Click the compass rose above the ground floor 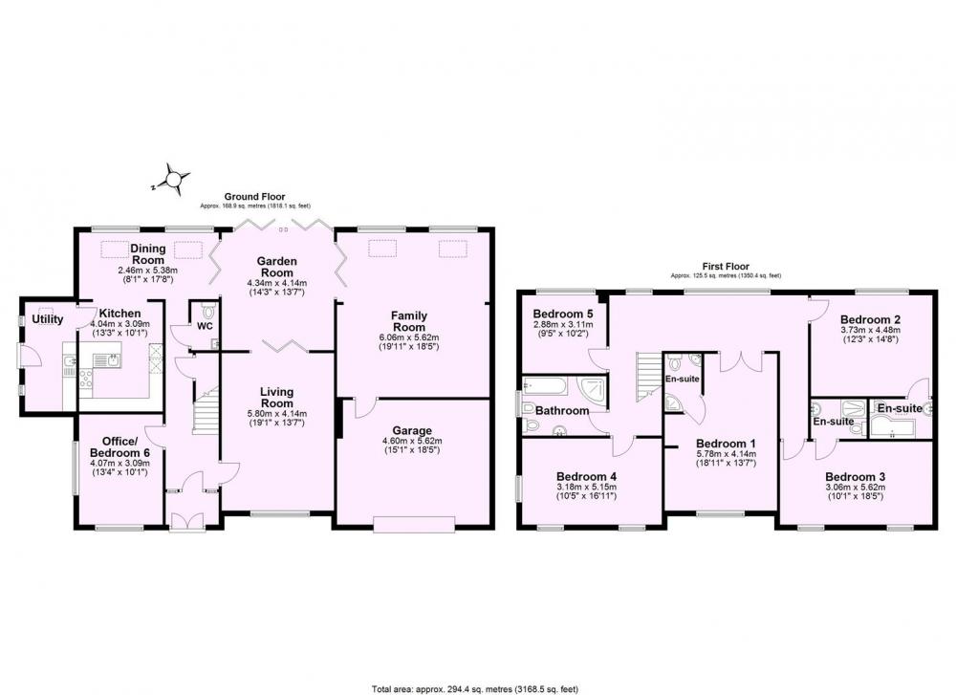pos(174,179)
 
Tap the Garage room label pos(412,431)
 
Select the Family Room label pos(409,320)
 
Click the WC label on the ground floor pos(205,326)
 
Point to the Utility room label pos(48,319)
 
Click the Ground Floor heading pos(254,196)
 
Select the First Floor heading pos(726,267)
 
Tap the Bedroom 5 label pos(562,314)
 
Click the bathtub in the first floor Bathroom pos(545,385)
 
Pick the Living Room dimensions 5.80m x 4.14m pos(277,414)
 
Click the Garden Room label pos(277,267)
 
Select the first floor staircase pos(649,376)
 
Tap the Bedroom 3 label pos(856,477)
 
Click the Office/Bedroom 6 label pos(119,446)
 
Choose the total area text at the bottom pos(475,689)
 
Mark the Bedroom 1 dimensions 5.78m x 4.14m pos(726,454)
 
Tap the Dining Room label pos(148,253)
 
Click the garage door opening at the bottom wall pos(414,524)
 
